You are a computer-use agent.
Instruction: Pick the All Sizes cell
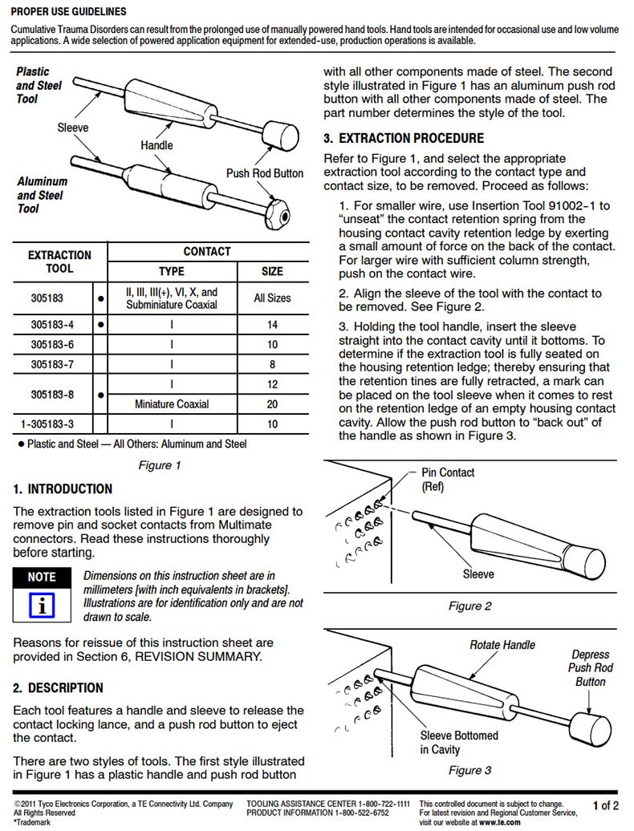click(x=272, y=298)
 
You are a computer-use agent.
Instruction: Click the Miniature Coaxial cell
click(x=172, y=404)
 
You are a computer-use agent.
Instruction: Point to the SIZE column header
click(x=272, y=271)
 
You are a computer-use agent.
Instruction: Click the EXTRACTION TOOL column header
click(x=60, y=261)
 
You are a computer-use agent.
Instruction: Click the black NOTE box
click(x=42, y=577)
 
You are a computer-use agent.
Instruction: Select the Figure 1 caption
click(x=158, y=465)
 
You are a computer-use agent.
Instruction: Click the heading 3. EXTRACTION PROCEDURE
click(x=404, y=138)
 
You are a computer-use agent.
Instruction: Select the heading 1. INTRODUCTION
click(x=63, y=488)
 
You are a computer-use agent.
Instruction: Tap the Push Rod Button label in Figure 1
click(x=265, y=173)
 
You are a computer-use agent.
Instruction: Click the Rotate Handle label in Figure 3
click(x=502, y=644)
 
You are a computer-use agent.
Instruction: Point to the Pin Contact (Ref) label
click(x=448, y=479)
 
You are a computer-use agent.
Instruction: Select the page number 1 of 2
click(x=605, y=805)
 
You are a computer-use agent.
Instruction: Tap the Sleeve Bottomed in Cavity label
click(x=458, y=743)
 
